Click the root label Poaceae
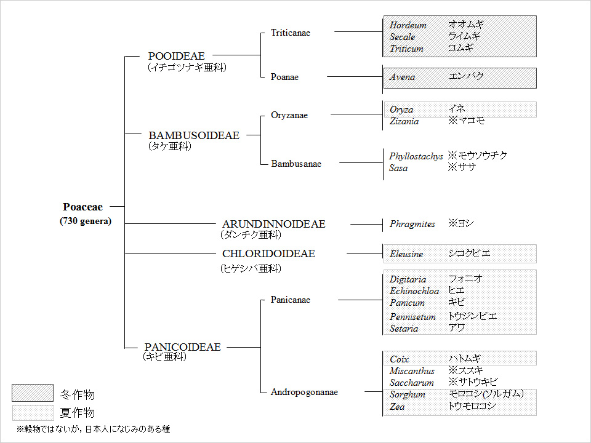pyautogui.click(x=82, y=207)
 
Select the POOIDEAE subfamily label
pyautogui.click(x=177, y=56)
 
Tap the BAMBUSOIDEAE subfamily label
pyautogui.click(x=194, y=135)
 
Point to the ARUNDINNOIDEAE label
pyautogui.click(x=273, y=224)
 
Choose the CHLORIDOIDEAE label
pyautogui.click(x=268, y=253)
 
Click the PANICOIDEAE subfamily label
pyautogui.click(x=182, y=347)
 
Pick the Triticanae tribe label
pyautogui.click(x=290, y=33)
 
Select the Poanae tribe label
pyautogui.click(x=284, y=77)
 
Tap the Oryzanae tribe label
pyautogui.click(x=289, y=115)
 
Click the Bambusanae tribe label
pyautogui.click(x=296, y=164)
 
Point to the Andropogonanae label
pyautogui.click(x=304, y=392)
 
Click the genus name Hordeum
pyautogui.click(x=408, y=25)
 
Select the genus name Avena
pyautogui.click(x=402, y=78)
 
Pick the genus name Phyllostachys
pyautogui.click(x=416, y=156)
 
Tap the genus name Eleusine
pyautogui.click(x=406, y=254)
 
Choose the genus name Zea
pyautogui.click(x=397, y=407)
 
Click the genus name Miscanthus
pyautogui.click(x=412, y=371)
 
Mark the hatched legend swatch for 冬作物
pyautogui.click(x=33, y=393)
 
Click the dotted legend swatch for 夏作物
pyautogui.click(x=33, y=413)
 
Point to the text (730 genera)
pyautogui.click(x=86, y=221)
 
